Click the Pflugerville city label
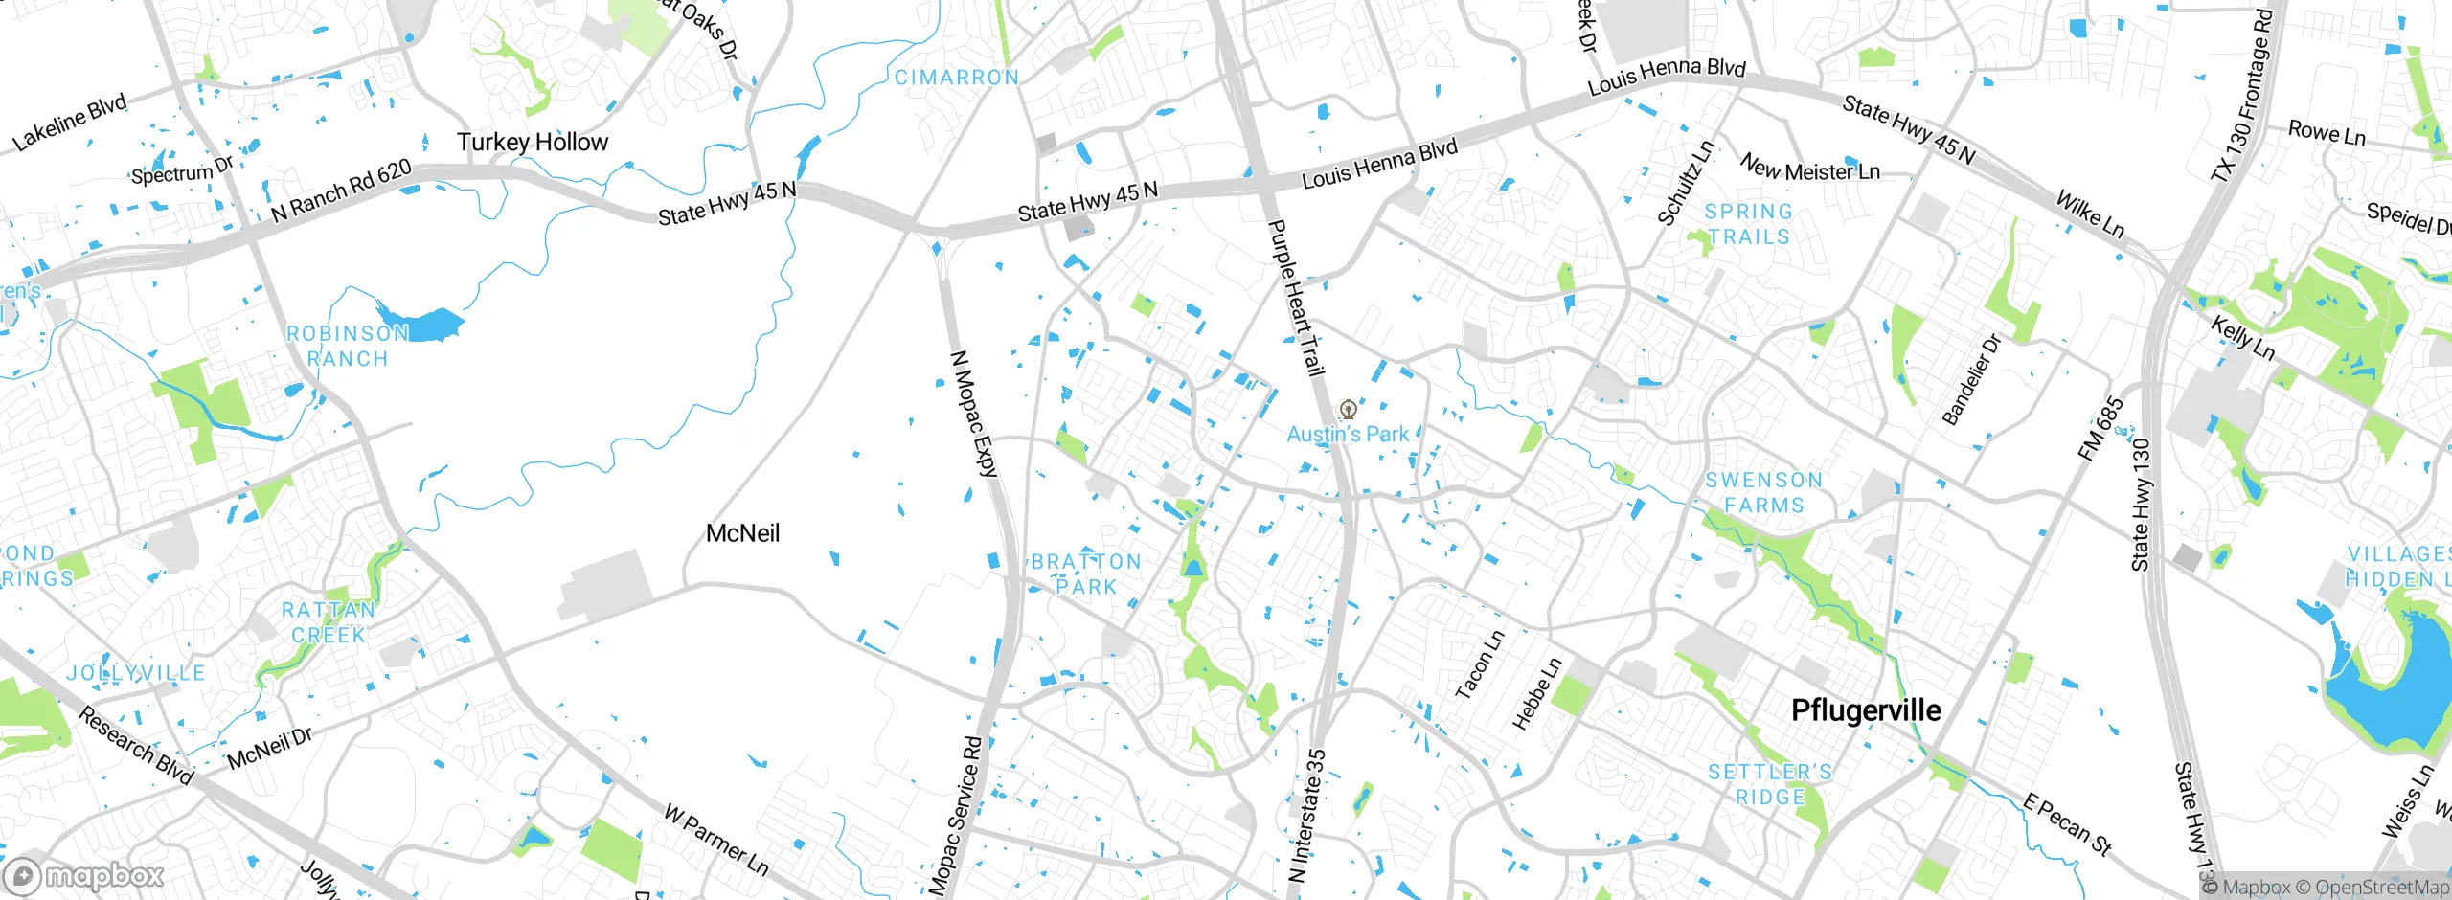tap(1866, 710)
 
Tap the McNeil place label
tap(742, 533)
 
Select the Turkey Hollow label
tap(533, 143)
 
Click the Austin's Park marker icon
tap(1349, 411)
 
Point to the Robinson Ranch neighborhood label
tap(348, 346)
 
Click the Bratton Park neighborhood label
tap(1086, 574)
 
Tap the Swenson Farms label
tap(1763, 492)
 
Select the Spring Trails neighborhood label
tap(1748, 224)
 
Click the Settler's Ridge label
tap(1770, 784)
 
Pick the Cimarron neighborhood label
tap(957, 78)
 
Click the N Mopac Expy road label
tap(974, 414)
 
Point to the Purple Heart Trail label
tap(1296, 297)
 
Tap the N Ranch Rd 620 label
tap(341, 191)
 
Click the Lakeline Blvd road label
tap(69, 124)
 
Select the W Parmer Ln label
tap(716, 840)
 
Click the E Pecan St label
tap(2067, 823)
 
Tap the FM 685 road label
tap(2101, 429)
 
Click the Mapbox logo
tap(84, 875)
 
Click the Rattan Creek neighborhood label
tap(329, 622)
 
